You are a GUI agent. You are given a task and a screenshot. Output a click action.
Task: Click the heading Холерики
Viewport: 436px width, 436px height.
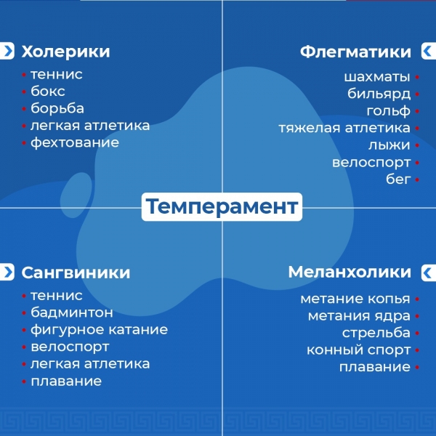[65, 52]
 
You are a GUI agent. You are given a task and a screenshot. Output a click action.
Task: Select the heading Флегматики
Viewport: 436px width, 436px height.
[355, 52]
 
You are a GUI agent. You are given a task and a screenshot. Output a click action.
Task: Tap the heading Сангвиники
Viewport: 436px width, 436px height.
[76, 272]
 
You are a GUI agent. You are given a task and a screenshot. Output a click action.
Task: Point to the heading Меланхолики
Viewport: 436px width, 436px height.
[350, 272]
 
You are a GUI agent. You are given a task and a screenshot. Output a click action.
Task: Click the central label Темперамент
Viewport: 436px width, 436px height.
[222, 206]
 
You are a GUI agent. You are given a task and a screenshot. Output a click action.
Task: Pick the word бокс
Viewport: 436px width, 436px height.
[48, 92]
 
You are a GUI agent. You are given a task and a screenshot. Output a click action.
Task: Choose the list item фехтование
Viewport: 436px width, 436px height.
[75, 142]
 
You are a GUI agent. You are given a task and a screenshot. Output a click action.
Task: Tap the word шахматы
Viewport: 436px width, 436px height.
[377, 77]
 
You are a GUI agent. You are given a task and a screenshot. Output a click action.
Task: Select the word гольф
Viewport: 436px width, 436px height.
[389, 111]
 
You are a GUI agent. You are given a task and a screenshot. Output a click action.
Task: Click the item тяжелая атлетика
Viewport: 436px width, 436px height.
[344, 128]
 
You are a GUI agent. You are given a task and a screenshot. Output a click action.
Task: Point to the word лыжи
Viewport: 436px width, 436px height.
[389, 145]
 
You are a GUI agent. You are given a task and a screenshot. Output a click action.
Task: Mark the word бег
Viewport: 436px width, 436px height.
[398, 179]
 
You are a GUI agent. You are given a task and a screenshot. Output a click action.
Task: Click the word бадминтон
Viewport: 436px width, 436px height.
[72, 312]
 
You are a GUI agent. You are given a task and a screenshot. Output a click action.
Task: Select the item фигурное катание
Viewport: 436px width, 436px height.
[100, 330]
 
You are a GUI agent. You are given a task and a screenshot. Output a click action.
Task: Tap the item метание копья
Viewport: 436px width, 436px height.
[355, 299]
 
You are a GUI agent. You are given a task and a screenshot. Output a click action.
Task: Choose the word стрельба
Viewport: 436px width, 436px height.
[376, 333]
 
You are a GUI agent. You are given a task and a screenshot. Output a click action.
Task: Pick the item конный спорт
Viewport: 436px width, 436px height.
[359, 350]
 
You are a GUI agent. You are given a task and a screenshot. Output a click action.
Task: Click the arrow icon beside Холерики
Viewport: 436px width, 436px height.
[7, 51]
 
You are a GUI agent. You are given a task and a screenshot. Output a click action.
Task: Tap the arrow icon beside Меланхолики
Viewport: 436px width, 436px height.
[429, 272]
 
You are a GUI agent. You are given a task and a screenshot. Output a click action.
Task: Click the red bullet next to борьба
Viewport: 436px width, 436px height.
[24, 109]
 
